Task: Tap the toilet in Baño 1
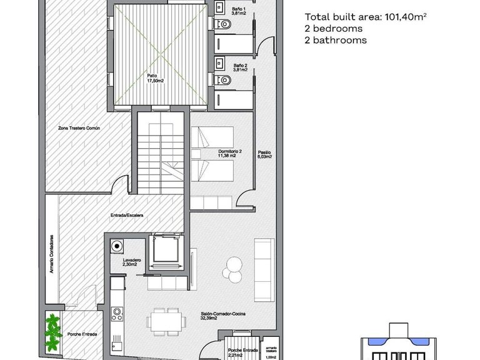224,24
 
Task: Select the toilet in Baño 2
224,80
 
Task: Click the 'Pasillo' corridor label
264,153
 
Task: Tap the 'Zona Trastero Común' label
83,127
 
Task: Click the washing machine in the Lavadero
116,247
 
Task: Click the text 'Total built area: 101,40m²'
366,17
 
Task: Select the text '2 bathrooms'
336,40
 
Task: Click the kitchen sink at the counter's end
116,343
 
